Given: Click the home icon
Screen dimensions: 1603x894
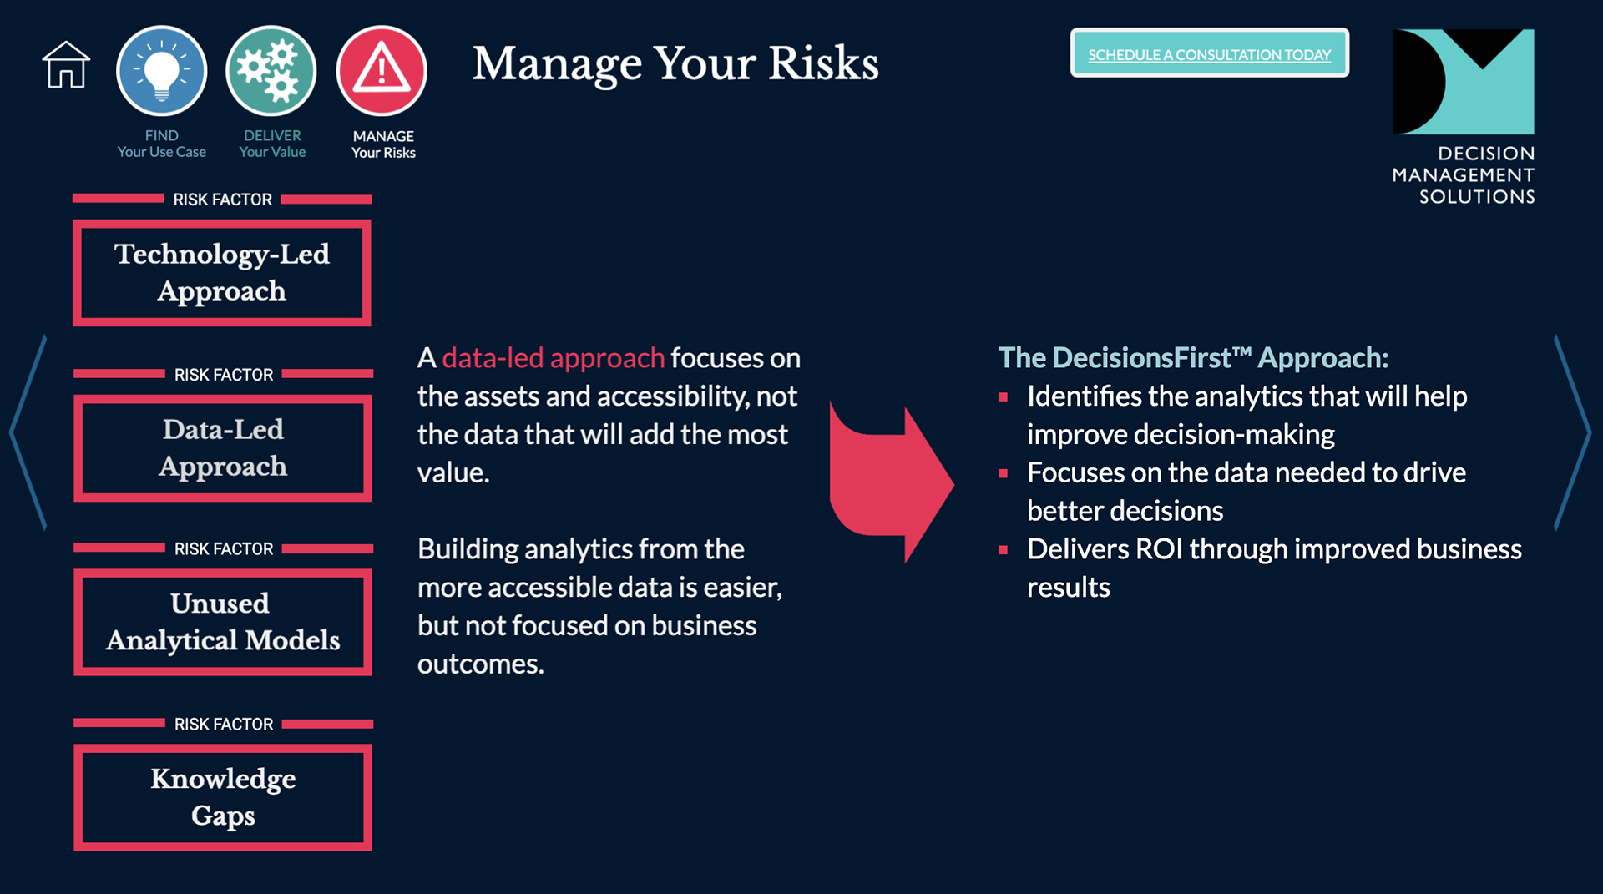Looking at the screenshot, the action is [66, 64].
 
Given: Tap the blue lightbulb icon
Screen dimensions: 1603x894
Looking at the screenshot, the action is [161, 70].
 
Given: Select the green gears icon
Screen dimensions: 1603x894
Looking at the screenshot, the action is [271, 70].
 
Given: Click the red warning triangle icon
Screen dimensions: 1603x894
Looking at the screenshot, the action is [382, 70].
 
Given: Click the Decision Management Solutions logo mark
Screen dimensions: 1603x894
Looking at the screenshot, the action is [1464, 82].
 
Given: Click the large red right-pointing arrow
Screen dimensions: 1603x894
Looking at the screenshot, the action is [891, 484].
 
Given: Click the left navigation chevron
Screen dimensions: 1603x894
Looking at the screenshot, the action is [27, 432].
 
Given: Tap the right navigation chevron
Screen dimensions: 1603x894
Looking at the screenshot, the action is [1573, 432].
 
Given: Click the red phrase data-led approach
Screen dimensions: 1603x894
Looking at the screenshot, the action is [553, 358].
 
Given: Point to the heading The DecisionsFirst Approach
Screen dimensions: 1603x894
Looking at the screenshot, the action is [1193, 358].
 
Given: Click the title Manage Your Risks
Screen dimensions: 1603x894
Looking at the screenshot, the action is [675, 63].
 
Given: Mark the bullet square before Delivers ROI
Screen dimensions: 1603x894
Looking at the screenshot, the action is [1003, 550].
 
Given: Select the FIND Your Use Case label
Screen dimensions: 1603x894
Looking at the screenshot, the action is [161, 144].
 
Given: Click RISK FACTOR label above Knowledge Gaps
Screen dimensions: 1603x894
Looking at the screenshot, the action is [224, 725].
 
